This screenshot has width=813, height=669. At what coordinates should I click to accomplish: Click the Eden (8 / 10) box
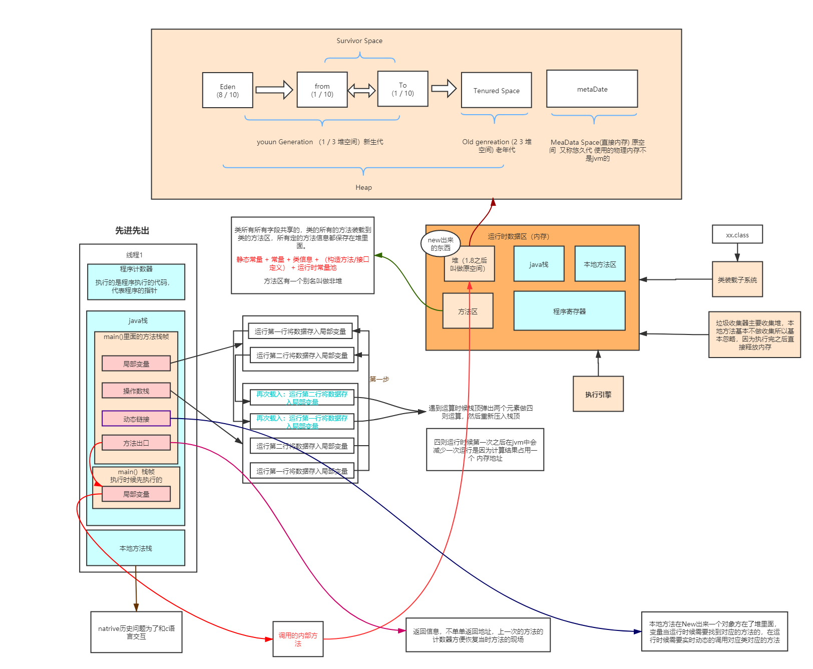227,90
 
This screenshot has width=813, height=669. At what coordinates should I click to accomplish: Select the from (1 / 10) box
322,90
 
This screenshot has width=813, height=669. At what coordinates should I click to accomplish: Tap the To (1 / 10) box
402,89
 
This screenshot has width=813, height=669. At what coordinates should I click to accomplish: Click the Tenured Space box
496,90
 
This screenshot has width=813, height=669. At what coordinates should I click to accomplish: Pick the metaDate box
592,89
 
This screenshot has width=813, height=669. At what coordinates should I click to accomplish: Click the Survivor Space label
359,41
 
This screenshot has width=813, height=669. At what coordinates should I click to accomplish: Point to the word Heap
363,187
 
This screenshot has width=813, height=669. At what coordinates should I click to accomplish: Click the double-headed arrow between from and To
361,90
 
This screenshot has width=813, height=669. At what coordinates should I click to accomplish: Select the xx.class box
737,234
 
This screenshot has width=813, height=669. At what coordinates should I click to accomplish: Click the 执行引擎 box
598,394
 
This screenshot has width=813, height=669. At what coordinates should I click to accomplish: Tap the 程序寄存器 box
569,311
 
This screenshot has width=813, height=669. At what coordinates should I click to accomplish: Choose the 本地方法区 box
600,264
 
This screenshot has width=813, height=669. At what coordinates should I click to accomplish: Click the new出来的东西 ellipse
440,244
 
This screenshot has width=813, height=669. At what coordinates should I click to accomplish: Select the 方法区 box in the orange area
468,311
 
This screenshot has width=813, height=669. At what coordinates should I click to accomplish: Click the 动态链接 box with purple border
136,419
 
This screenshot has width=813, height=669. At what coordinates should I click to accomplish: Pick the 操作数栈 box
136,391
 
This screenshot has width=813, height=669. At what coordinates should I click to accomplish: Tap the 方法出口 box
136,443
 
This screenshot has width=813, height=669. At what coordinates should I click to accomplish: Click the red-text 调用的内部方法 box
297,639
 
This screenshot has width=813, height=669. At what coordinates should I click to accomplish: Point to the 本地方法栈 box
135,548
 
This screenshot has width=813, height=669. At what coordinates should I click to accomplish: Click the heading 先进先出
132,230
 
